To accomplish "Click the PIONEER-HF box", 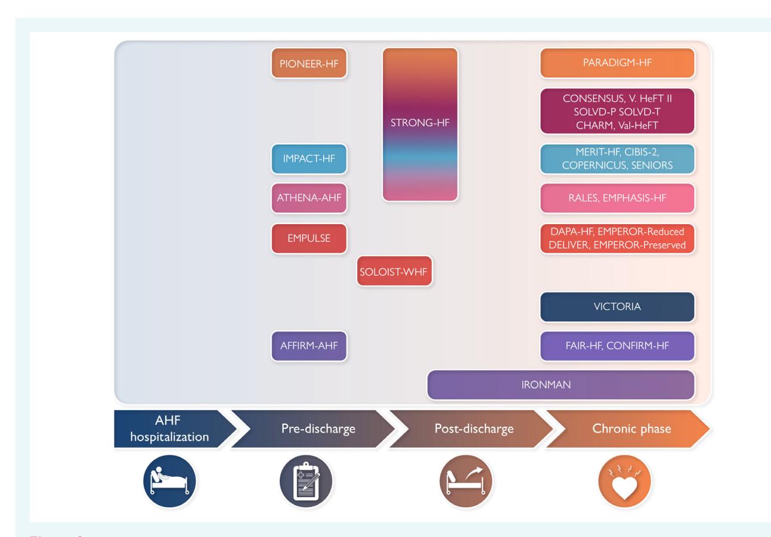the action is [309, 63].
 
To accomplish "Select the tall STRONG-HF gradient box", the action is [420, 125].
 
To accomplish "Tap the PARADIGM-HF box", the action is [617, 63].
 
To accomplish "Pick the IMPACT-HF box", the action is [309, 159].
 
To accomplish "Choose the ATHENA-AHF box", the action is [309, 198].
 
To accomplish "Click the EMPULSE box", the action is [309, 238].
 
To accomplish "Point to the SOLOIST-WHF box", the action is [395, 271].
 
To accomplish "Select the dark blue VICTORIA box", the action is [617, 307].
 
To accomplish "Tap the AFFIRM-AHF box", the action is [309, 346].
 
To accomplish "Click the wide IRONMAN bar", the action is [561, 385].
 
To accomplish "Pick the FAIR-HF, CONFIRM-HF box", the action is [617, 346].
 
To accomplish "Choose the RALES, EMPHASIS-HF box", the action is [617, 198].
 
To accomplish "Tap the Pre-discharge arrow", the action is [314, 429].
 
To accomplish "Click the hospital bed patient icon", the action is [169, 481].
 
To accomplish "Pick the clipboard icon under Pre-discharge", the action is [306, 481].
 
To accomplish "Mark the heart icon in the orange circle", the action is [625, 481].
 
